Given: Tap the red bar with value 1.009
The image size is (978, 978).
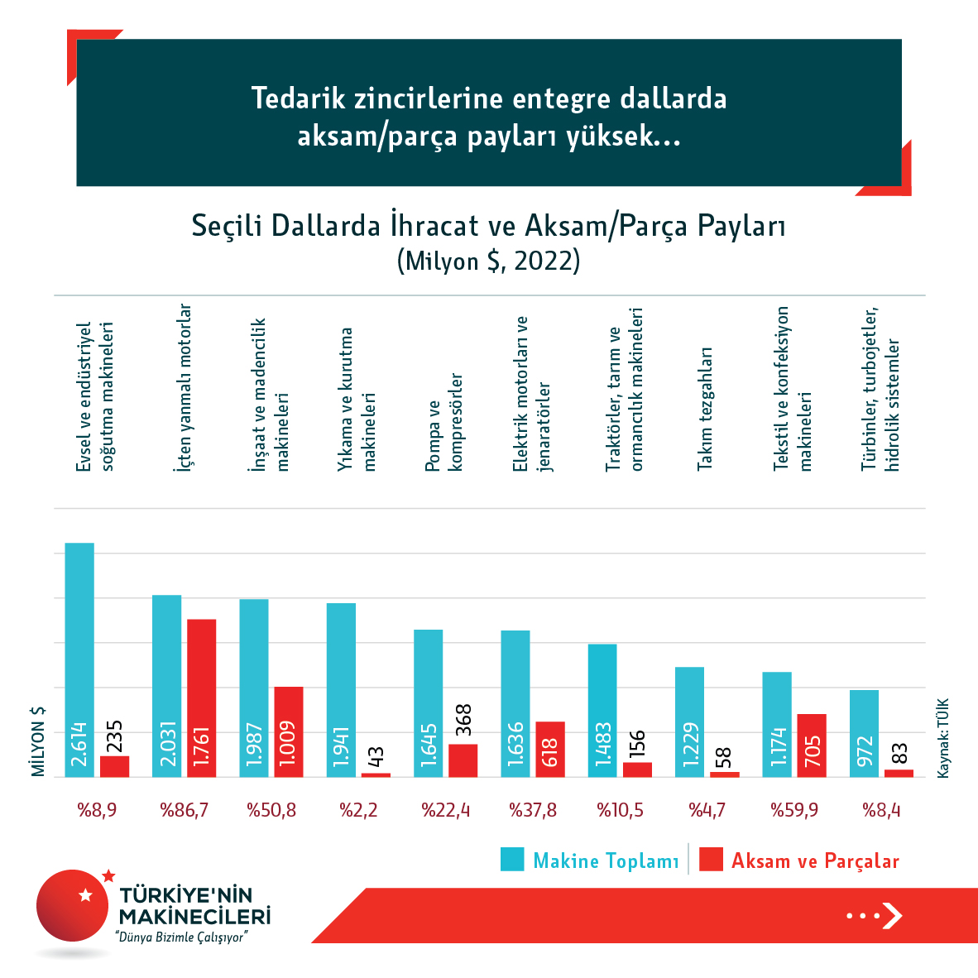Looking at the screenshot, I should tap(289, 731).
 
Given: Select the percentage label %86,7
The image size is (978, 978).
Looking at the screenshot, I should tap(185, 810).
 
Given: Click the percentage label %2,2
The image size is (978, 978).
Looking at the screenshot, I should tap(358, 810).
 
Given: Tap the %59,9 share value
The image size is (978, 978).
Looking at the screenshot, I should tap(794, 810).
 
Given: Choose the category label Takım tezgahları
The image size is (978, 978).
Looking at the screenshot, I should tap(705, 409).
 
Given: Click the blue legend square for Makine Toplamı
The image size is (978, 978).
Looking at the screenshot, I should tap(512, 859).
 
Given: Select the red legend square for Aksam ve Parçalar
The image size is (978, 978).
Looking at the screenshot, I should tap(711, 859).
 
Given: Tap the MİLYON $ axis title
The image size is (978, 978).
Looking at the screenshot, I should tap(38, 741).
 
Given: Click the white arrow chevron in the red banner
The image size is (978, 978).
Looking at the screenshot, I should tap(891, 915).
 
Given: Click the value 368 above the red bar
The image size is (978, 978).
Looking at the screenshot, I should tap(463, 720).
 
